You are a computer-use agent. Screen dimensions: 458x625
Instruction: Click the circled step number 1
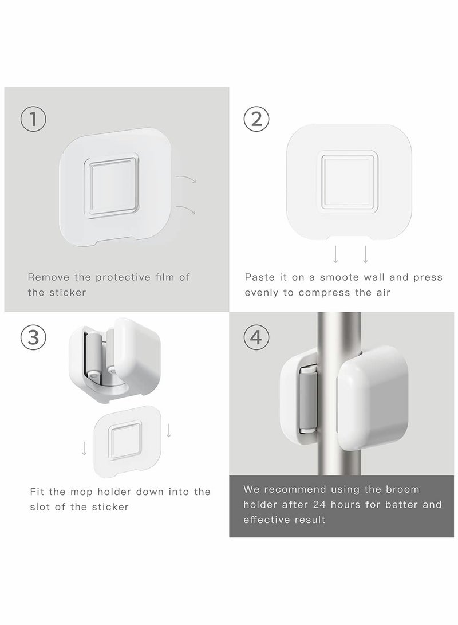click(x=33, y=119)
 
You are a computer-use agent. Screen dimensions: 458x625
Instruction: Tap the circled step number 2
click(x=256, y=119)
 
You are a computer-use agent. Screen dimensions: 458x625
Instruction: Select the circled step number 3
click(x=33, y=337)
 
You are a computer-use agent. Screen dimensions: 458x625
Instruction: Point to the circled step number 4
click(x=256, y=337)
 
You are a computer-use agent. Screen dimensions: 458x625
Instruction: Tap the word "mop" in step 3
click(x=80, y=492)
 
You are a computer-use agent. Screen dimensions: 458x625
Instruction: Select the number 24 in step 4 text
click(x=320, y=504)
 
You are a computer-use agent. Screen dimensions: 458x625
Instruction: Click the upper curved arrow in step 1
click(x=186, y=178)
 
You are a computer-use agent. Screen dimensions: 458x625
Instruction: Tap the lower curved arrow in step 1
click(x=186, y=209)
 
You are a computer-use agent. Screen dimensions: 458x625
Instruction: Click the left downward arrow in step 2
click(x=335, y=255)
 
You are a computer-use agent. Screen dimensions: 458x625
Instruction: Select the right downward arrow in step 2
click(x=365, y=255)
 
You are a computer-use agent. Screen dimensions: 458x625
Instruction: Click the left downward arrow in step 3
click(x=84, y=448)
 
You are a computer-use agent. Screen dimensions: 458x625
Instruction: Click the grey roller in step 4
click(x=307, y=399)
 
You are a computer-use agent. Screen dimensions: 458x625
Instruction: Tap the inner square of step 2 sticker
click(x=349, y=182)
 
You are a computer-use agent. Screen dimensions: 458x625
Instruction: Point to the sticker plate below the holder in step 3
click(x=128, y=442)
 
